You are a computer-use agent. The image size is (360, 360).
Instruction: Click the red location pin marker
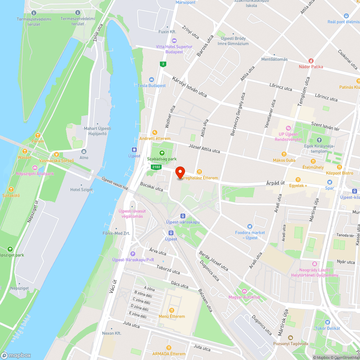click(x=180, y=172)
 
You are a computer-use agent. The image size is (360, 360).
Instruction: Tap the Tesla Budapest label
click(x=152, y=85)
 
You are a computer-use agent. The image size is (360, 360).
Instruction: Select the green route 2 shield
click(x=163, y=64)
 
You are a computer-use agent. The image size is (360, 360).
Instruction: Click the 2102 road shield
click(x=156, y=167)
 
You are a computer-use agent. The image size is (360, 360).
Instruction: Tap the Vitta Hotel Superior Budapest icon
click(x=174, y=40)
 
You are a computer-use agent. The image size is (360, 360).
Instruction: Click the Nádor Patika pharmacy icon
click(x=311, y=60)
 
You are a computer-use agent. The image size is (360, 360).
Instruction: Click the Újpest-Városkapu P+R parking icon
click(x=133, y=253)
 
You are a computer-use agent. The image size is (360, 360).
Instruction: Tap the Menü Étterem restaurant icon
click(x=172, y=310)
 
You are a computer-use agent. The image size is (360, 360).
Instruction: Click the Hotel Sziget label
click(x=81, y=190)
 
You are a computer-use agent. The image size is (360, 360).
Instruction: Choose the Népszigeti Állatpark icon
click(x=35, y=167)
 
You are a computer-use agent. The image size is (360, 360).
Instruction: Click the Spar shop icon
click(x=329, y=182)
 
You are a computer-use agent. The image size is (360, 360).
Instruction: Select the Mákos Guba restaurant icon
click(x=284, y=154)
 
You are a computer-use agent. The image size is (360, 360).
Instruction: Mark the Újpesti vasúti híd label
click(x=114, y=183)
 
